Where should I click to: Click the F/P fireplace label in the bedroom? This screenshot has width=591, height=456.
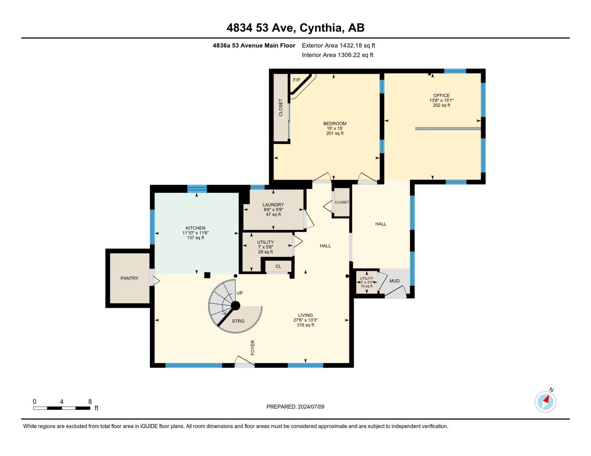(296, 80)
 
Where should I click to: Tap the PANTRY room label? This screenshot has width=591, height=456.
(129, 278)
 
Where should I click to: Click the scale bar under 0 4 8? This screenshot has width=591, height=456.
(62, 408)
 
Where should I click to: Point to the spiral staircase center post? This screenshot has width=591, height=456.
(236, 306)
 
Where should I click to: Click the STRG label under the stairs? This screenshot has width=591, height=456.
(238, 321)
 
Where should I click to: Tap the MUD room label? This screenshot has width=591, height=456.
(394, 281)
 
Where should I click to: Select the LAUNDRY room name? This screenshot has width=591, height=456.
(273, 205)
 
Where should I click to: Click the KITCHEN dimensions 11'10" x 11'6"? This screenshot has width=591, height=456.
(196, 233)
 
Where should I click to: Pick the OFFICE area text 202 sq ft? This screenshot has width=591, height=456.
(441, 105)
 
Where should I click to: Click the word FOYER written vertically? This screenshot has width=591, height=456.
(253, 348)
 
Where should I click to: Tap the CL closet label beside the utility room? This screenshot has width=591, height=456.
(278, 266)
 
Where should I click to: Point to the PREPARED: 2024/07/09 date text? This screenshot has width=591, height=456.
(295, 407)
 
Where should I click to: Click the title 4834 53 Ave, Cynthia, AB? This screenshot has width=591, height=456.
(295, 28)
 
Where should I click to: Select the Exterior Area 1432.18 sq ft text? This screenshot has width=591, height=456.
(338, 46)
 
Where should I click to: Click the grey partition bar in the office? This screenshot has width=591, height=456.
(448, 128)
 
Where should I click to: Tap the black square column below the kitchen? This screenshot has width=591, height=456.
(207, 275)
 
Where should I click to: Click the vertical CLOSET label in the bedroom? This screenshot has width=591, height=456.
(281, 108)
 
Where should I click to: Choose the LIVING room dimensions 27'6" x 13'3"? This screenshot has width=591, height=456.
(305, 320)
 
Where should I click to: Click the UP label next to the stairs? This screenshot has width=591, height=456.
(239, 293)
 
